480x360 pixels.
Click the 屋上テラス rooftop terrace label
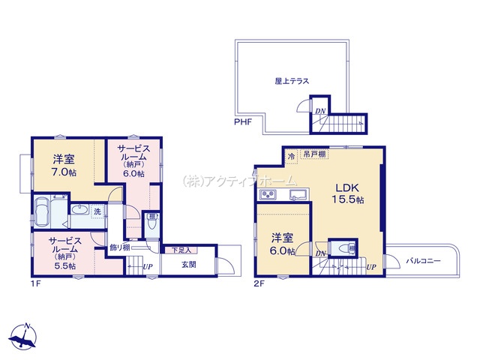292,81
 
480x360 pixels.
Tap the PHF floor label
243,122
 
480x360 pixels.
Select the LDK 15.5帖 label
348,193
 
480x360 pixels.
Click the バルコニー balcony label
423,261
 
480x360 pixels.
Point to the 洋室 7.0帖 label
64,165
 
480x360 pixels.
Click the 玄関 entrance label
189,265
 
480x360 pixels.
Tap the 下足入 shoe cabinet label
181,250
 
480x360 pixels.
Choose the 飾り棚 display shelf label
120,247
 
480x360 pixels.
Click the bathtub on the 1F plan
43,212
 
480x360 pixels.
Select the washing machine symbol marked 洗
97,211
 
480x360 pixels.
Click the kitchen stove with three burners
268,194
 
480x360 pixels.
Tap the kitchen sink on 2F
298,194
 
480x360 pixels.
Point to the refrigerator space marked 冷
291,157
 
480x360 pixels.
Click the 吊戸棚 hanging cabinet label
314,154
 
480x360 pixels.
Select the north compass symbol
23,336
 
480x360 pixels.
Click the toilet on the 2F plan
346,247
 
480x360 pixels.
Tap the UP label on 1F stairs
148,267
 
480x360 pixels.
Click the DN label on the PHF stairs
320,111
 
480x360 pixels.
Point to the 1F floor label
35,283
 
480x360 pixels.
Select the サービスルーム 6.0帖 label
134,161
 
